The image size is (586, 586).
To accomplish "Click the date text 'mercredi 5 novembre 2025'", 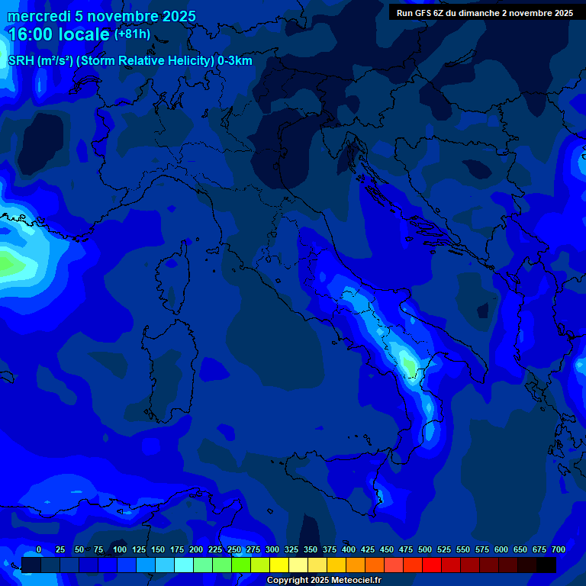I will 101,16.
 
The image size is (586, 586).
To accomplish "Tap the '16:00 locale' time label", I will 58,34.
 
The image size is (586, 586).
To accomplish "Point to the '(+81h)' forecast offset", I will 132,34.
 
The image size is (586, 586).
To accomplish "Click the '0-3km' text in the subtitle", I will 234,61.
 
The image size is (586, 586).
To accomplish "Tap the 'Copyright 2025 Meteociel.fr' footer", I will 324,581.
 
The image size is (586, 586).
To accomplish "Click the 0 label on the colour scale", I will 39,549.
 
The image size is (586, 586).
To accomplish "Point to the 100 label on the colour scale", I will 120,549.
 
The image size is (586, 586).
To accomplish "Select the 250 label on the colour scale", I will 234,549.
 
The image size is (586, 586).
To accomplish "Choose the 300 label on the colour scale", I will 272,549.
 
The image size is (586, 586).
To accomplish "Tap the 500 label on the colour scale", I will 425,549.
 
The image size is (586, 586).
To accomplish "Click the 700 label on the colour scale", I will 559,549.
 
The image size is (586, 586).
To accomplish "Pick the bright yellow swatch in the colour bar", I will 279,565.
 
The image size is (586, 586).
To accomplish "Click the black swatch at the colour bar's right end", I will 546,565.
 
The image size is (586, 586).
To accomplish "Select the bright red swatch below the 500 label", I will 432,565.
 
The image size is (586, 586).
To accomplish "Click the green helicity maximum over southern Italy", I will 410,367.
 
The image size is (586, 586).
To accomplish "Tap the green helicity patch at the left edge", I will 9,264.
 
